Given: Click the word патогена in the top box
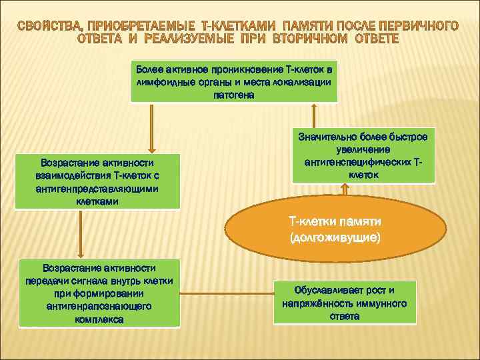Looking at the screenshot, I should [x=233, y=95].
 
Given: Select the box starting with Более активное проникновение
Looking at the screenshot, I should [x=233, y=82].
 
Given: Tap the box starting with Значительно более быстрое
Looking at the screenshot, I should [x=363, y=155].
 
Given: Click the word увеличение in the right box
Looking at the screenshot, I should [x=363, y=149].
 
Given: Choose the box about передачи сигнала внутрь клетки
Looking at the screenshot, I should [x=99, y=293].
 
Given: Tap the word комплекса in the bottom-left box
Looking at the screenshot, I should [x=99, y=319].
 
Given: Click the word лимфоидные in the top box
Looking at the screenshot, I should [x=164, y=82].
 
